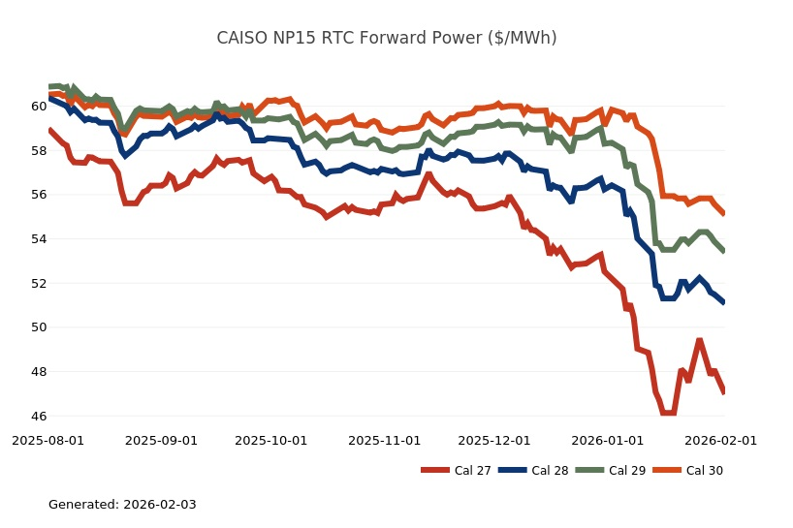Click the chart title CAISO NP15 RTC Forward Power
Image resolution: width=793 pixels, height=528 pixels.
[x=386, y=39]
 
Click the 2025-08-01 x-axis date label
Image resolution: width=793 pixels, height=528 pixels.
[x=48, y=440]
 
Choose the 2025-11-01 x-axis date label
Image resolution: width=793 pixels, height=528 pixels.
[x=385, y=440]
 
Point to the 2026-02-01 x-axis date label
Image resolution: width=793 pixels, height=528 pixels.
[x=720, y=440]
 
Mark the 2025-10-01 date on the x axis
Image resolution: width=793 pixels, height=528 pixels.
[x=272, y=440]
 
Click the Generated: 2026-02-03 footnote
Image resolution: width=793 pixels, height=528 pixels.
[x=122, y=505]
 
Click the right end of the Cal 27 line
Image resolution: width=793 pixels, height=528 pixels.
[x=723, y=391]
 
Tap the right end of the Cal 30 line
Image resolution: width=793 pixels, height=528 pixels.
[x=723, y=213]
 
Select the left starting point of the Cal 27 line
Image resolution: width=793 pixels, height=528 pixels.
[x=49, y=130]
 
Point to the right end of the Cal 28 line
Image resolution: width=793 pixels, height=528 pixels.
[x=723, y=302]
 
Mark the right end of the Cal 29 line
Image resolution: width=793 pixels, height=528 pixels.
[x=723, y=250]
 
